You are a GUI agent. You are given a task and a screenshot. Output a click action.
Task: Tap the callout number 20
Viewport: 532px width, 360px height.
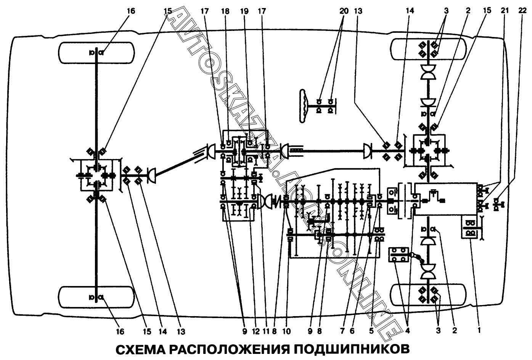(x=344, y=11)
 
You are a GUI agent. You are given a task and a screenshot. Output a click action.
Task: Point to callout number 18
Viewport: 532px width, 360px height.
(x=225, y=11)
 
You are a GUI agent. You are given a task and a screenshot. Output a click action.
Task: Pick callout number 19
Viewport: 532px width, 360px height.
(x=244, y=11)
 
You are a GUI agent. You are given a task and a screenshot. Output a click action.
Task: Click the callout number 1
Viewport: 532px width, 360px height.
(x=479, y=330)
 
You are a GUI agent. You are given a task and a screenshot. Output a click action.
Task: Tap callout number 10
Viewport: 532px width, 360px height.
(x=287, y=331)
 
